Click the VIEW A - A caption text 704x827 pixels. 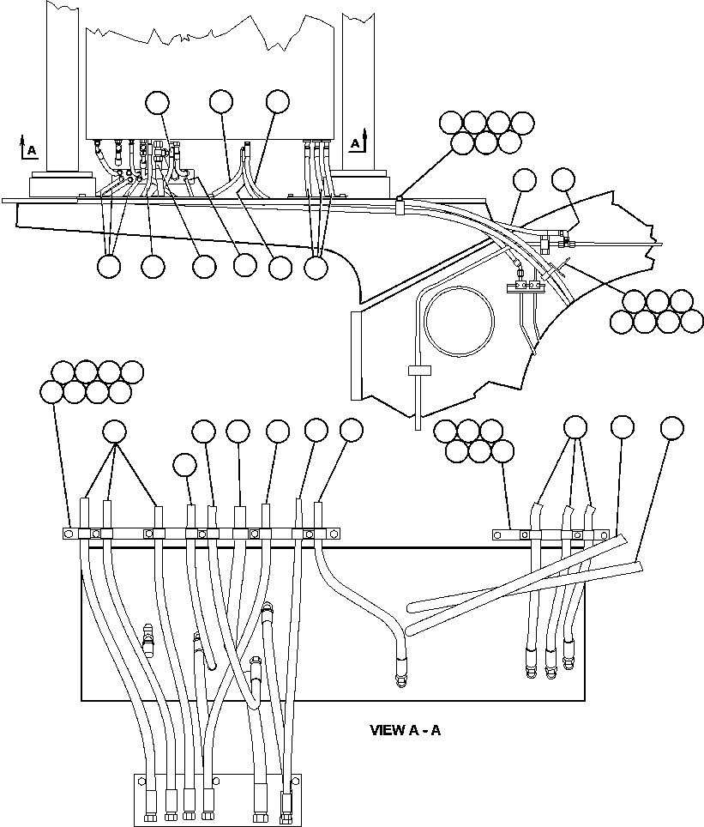tap(405, 730)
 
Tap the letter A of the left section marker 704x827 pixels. tap(32, 151)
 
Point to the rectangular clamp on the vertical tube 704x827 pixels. tap(418, 371)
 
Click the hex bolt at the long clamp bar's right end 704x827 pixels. tap(334, 534)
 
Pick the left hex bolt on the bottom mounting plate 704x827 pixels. tap(142, 781)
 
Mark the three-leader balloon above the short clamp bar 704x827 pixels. tap(575, 426)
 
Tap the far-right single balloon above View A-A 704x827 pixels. tap(672, 426)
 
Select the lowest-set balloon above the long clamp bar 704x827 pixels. tap(184, 465)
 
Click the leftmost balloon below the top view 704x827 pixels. tap(109, 267)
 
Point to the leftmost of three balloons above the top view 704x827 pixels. tap(158, 102)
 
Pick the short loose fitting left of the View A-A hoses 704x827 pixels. tap(147, 638)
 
